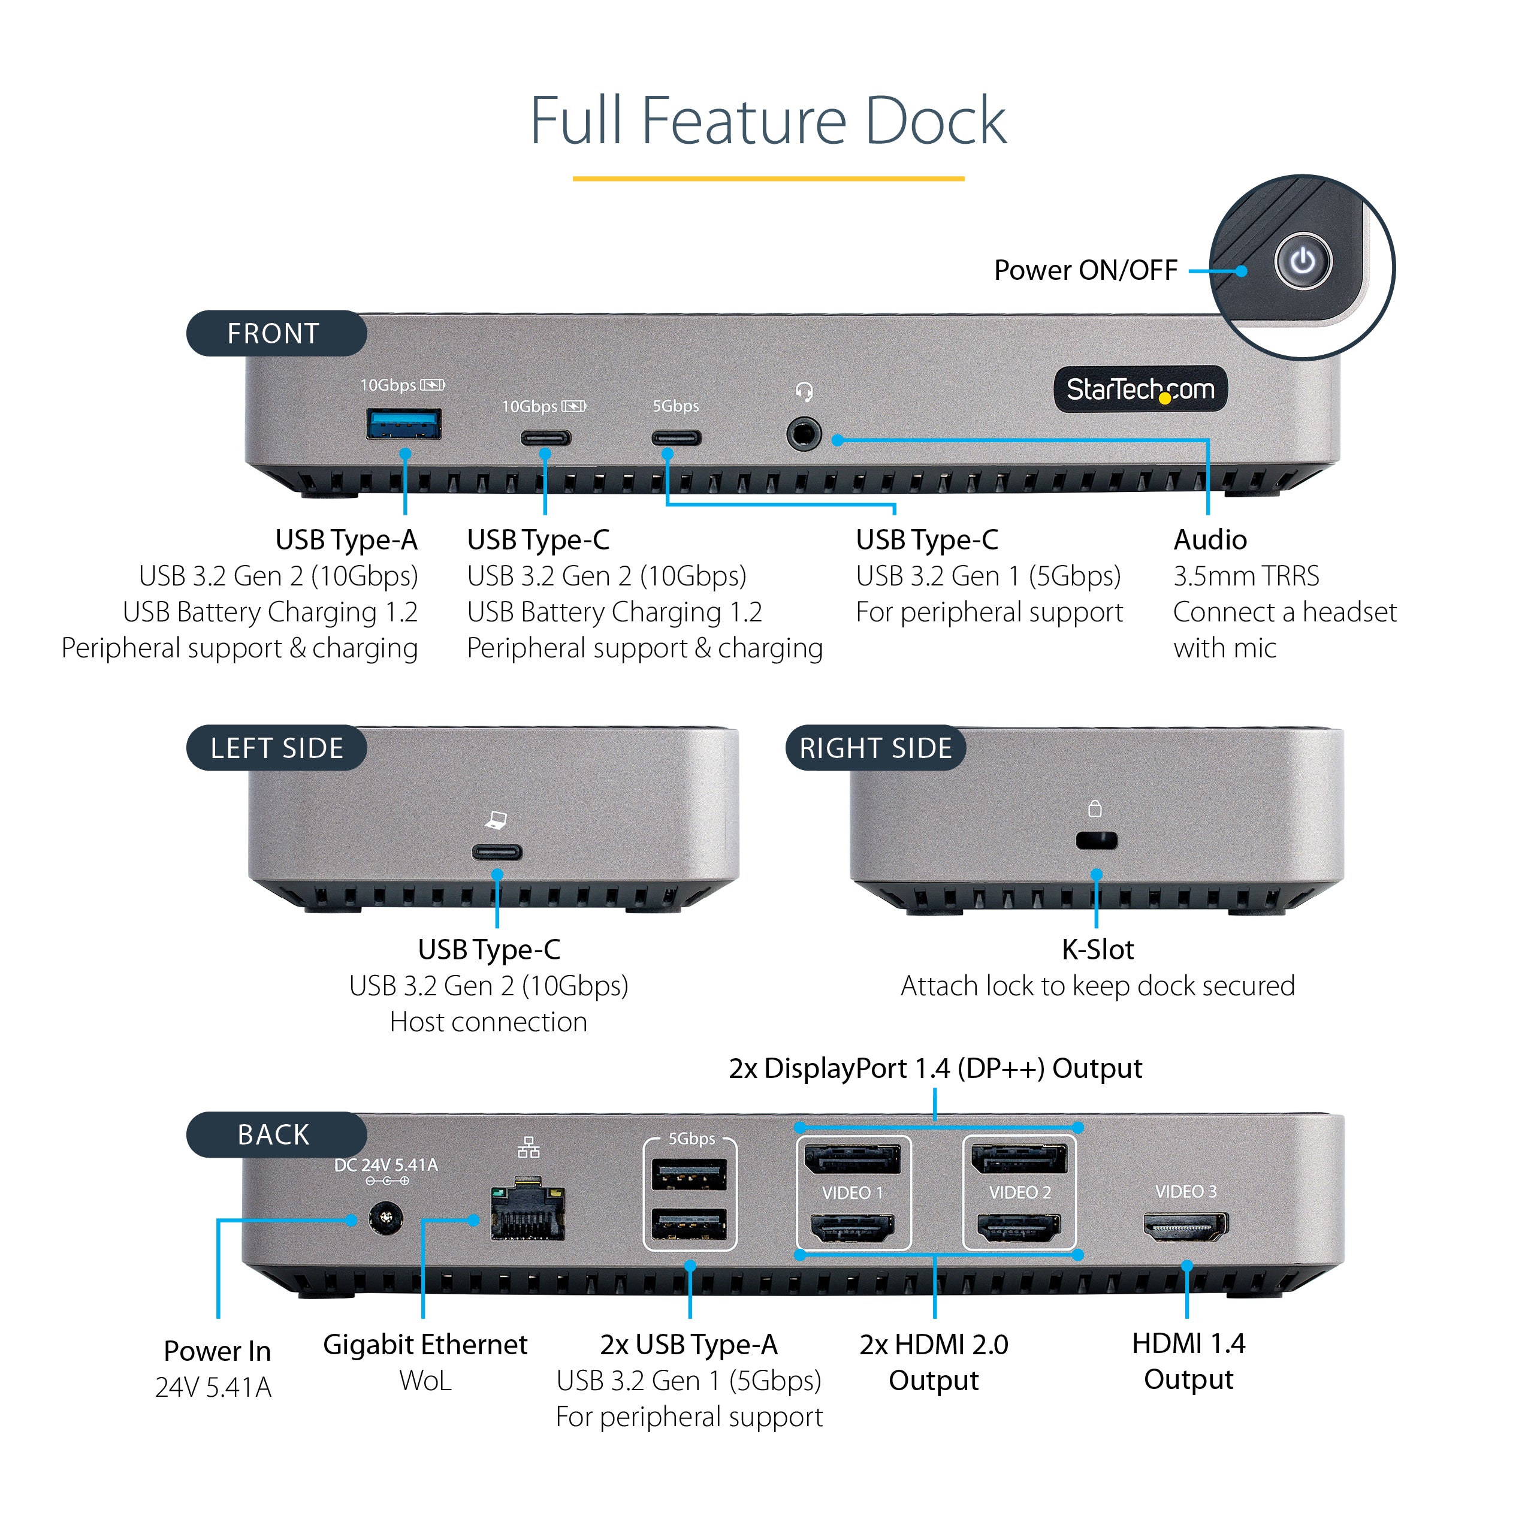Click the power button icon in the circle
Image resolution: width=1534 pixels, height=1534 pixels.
pyautogui.click(x=1302, y=261)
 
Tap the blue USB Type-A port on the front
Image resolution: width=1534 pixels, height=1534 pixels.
pyautogui.click(x=403, y=424)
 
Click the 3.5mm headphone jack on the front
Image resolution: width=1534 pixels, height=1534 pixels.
pyautogui.click(x=804, y=435)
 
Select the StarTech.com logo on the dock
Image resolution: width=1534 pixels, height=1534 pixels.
pyautogui.click(x=1140, y=389)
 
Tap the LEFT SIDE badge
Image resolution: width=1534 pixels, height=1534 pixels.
pyautogui.click(x=276, y=748)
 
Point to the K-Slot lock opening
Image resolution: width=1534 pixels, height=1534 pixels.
pyautogui.click(x=1097, y=840)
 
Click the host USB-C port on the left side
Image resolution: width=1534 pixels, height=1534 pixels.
pyautogui.click(x=497, y=853)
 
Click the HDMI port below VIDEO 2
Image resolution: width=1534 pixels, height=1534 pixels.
pyautogui.click(x=1019, y=1228)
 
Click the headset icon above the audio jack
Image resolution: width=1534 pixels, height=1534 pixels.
pyautogui.click(x=804, y=391)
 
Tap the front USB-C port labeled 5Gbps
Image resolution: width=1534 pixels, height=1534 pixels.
pyautogui.click(x=677, y=437)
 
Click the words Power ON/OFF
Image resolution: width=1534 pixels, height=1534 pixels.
pyautogui.click(x=1085, y=270)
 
